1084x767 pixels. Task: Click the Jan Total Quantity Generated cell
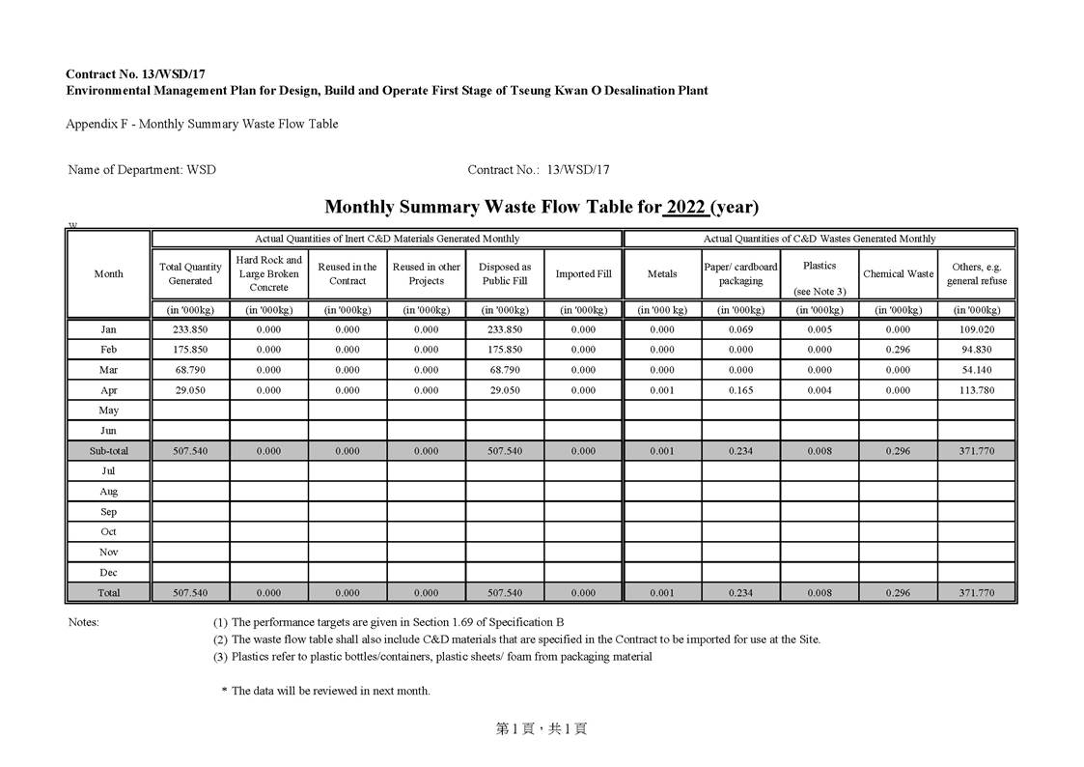190,329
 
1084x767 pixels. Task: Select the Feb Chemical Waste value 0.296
898,350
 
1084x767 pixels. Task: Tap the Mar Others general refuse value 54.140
977,370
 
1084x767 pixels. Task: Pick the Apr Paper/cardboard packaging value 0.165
740,390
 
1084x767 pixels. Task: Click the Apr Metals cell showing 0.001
662,390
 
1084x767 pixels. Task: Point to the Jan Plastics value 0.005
819,329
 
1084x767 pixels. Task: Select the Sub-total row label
108,451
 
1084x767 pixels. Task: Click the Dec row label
108,573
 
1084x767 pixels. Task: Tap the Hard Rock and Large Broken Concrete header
268,273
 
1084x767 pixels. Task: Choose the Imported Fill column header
583,273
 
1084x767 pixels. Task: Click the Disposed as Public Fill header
505,273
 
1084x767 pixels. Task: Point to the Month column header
108,273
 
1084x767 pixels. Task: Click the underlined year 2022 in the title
685,207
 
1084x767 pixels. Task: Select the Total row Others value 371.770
977,592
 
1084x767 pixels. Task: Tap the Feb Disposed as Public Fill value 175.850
505,350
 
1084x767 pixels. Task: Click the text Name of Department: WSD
142,170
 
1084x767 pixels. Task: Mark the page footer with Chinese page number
542,729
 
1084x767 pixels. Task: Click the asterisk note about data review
326,691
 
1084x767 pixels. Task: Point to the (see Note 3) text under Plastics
819,292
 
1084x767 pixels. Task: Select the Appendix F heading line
202,124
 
